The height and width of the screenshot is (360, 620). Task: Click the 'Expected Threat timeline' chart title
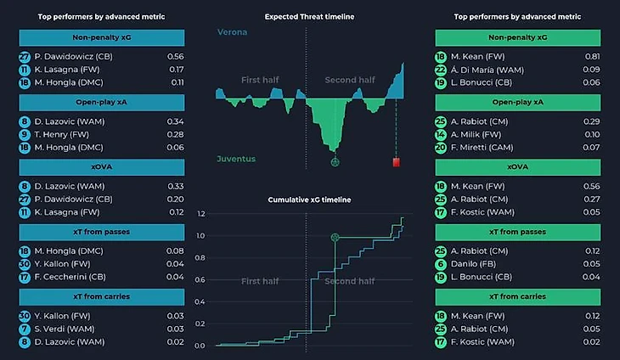[309, 17]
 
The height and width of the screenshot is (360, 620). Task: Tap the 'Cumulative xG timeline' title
[309, 200]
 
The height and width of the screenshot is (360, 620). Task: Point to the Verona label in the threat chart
[232, 33]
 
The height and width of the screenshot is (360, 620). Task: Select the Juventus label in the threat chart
[235, 159]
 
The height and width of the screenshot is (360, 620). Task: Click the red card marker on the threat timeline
[396, 162]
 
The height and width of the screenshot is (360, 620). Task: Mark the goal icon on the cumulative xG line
[335, 238]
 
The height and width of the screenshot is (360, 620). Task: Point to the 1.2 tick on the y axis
[200, 214]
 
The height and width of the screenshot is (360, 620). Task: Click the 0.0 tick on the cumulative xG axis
[200, 346]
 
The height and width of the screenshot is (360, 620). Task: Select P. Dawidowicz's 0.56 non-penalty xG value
[176, 57]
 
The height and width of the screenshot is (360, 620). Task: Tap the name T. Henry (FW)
[62, 134]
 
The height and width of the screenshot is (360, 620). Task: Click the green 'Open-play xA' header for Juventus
[517, 103]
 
